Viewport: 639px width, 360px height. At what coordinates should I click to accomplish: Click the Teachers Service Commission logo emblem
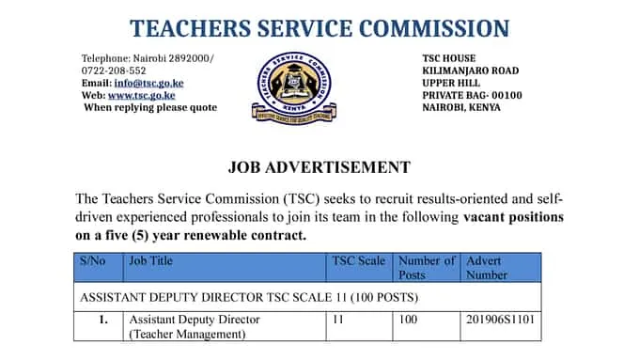[293, 87]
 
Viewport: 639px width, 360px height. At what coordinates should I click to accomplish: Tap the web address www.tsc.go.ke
[141, 95]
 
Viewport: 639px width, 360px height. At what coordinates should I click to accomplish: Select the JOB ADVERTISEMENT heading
[319, 167]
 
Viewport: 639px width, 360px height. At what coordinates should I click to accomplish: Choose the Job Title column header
[151, 261]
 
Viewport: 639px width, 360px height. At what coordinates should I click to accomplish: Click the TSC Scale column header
[358, 261]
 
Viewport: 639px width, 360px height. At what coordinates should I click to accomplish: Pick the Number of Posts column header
[426, 268]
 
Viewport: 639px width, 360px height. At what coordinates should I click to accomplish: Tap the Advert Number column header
[485, 268]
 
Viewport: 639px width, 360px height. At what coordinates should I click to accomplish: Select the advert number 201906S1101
[500, 320]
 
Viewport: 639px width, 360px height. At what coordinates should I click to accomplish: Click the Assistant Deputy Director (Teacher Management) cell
[195, 326]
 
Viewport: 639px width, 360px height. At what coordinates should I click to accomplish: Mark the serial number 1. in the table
[104, 320]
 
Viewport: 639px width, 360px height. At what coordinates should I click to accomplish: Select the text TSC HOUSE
[449, 58]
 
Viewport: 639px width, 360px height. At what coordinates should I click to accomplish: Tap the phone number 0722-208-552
[114, 70]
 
